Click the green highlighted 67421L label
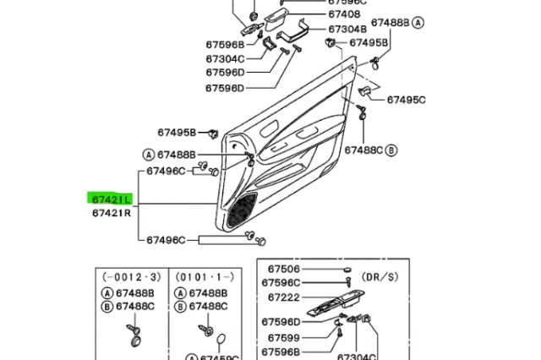[107, 199]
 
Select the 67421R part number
[111, 214]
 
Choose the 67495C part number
[407, 100]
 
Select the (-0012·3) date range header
[130, 276]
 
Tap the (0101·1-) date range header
[203, 276]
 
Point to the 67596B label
[224, 44]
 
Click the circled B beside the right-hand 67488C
[391, 150]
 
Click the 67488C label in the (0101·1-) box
[209, 306]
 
